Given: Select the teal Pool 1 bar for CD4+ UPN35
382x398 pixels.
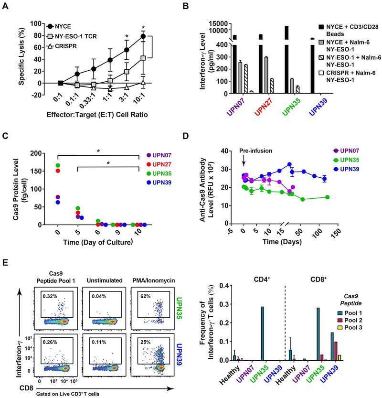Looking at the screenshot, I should [262, 333].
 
